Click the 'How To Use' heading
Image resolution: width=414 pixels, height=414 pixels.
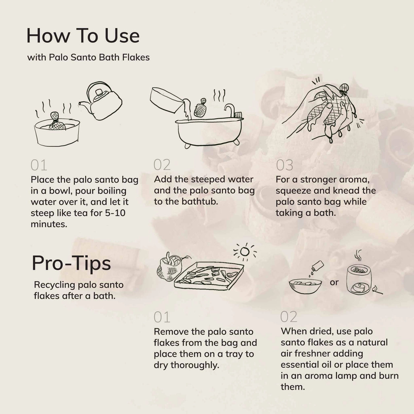click(83, 36)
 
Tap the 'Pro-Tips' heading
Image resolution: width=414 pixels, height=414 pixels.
click(71, 263)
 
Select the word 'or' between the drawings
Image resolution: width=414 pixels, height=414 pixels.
click(334, 283)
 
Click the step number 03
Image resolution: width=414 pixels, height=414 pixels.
click(285, 165)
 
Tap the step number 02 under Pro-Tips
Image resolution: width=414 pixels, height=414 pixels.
click(289, 317)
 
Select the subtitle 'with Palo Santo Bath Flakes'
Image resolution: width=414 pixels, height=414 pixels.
click(88, 57)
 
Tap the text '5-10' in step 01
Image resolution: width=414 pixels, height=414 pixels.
click(115, 213)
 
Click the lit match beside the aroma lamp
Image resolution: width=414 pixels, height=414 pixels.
click(377, 290)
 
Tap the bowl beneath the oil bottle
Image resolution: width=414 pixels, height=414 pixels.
click(305, 286)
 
